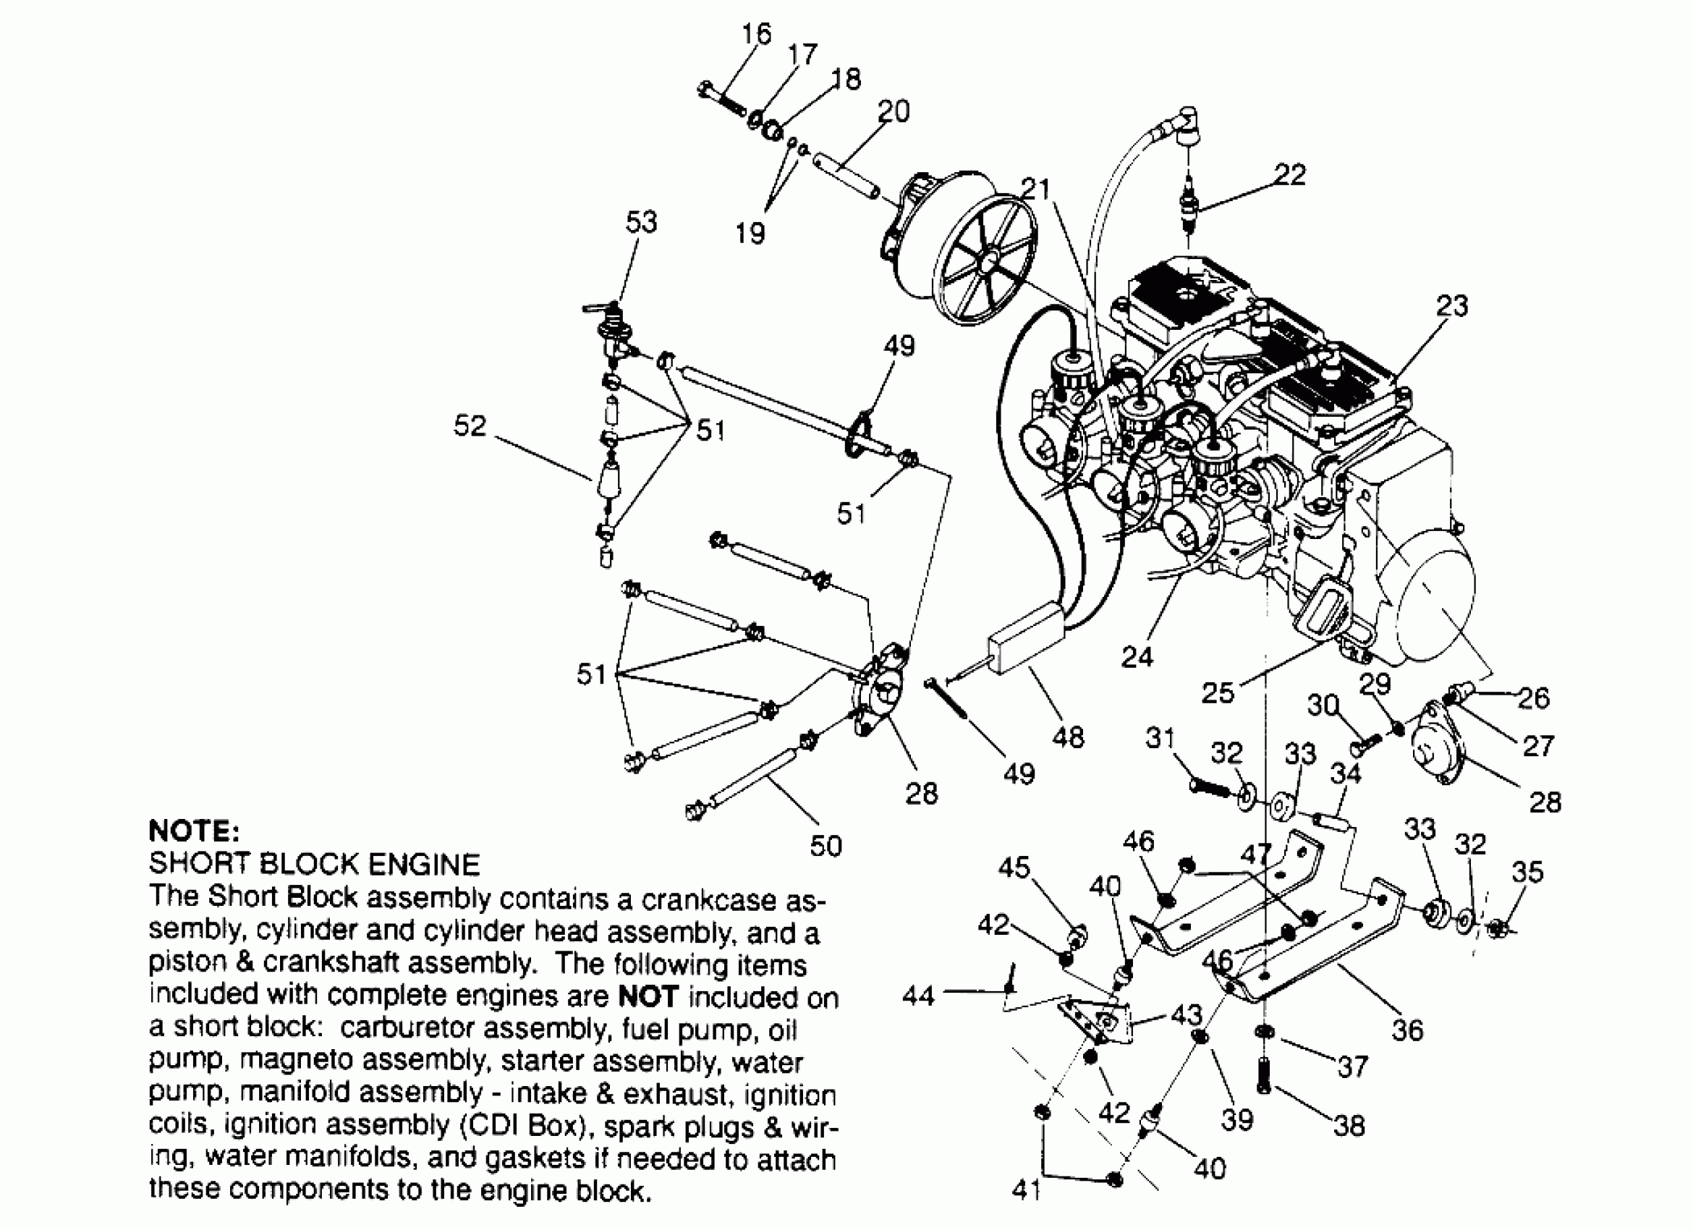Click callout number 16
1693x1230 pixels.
(755, 34)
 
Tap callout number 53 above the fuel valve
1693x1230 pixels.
(641, 221)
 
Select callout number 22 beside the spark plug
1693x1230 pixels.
(1290, 174)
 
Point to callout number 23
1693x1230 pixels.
(1452, 305)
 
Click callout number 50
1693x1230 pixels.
(826, 846)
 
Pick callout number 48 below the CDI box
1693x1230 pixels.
(1067, 737)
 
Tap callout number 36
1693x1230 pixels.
(1408, 1030)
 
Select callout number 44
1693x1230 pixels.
(918, 996)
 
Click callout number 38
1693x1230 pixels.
(1349, 1126)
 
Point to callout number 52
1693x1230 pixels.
(470, 425)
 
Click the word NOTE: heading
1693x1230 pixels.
(194, 831)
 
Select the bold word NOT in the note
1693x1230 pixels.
(648, 997)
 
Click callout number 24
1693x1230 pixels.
(1137, 657)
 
